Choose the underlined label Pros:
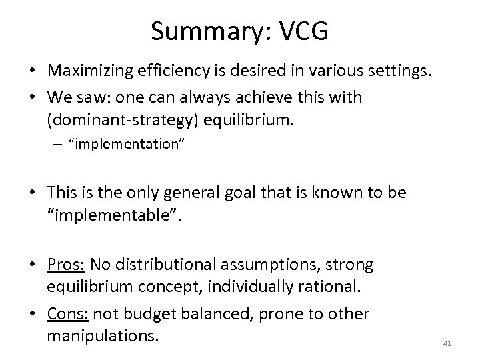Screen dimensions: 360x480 [66, 265]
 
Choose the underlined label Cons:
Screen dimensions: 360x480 [67, 313]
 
